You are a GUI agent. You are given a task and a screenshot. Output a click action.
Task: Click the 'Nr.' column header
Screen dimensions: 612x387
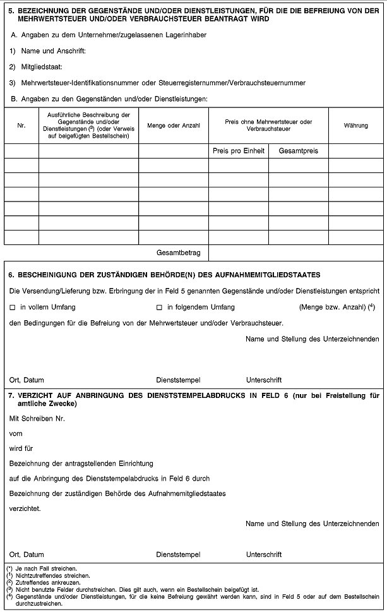coord(21,126)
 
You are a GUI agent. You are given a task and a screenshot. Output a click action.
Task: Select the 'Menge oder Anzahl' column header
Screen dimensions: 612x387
coord(173,126)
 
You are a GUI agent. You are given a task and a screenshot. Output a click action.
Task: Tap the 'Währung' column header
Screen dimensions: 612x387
coord(356,126)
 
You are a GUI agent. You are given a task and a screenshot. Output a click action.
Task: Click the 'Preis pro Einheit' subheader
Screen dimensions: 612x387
coord(238,151)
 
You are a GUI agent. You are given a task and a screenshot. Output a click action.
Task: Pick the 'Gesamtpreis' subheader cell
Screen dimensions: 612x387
coord(298,151)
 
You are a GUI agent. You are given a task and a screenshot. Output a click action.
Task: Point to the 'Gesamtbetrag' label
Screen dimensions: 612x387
coord(178,253)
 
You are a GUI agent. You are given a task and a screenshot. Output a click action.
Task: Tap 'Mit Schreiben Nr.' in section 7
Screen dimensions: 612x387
coord(37,418)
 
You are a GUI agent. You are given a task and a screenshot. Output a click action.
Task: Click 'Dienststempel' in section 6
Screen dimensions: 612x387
coord(178,380)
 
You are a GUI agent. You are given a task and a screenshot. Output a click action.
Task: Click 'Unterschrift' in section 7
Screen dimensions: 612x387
coord(264,555)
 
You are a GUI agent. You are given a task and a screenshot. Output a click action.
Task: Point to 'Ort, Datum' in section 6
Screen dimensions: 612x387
coord(27,380)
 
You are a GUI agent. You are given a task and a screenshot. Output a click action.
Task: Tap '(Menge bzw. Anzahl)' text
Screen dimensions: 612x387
coord(335,307)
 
